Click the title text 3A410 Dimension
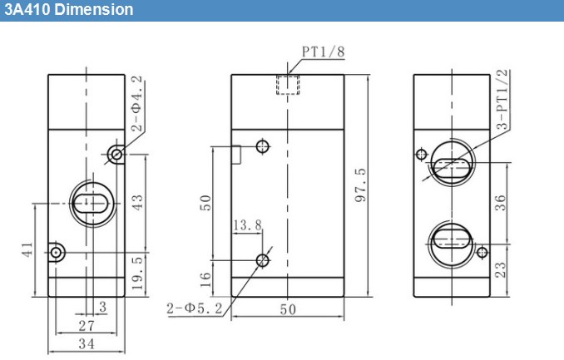[69, 9]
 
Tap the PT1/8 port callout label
[323, 52]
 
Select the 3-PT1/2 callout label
[502, 99]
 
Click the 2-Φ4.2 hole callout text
[136, 104]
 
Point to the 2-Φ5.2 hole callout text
[195, 308]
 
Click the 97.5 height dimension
[360, 185]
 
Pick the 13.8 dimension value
[247, 225]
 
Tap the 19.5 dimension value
[137, 274]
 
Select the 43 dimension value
[137, 203]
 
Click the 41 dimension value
[27, 249]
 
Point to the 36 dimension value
[500, 203]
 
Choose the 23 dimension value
[500, 270]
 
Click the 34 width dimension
[87, 344]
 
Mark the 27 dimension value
[87, 326]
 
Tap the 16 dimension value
[205, 280]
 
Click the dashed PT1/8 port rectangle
[288, 85]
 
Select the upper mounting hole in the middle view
[263, 146]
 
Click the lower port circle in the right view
[451, 244]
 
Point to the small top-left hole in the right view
[422, 155]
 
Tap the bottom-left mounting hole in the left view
[56, 253]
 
